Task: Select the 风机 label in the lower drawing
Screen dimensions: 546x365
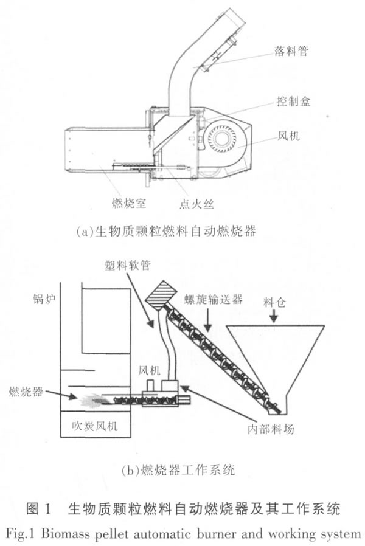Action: coord(150,368)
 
